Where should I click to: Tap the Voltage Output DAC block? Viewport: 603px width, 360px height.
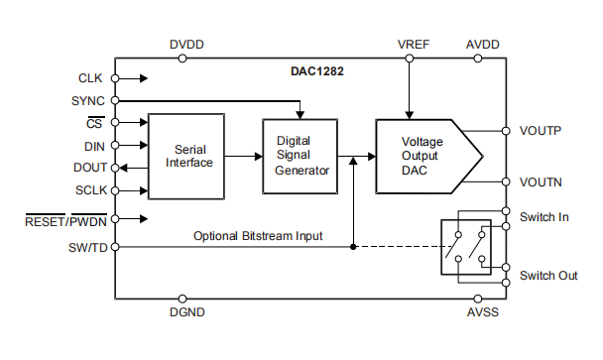tap(422, 156)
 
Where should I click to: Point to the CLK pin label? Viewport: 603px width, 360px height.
tap(89, 77)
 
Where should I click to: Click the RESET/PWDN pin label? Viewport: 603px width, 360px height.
tap(65, 218)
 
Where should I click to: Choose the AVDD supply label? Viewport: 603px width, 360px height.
tap(482, 46)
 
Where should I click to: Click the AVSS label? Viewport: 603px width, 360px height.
tap(482, 313)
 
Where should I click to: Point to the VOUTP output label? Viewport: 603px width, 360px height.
tap(542, 131)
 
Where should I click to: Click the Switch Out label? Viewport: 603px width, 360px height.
tap(548, 276)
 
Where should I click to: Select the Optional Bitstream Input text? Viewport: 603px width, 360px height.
tap(272, 236)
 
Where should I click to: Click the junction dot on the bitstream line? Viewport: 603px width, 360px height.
tap(353, 246)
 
